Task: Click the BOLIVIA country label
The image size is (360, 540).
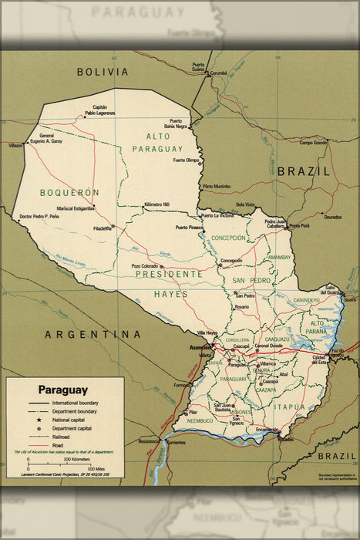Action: click(x=103, y=72)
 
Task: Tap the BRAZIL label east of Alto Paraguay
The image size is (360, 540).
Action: click(x=304, y=171)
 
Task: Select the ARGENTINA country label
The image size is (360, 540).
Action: click(x=93, y=334)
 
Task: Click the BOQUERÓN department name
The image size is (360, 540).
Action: click(x=70, y=192)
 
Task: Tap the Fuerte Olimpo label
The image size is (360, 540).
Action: click(x=186, y=160)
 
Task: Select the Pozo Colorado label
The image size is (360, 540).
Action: click(x=144, y=266)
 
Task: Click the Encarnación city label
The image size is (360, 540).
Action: click(x=267, y=430)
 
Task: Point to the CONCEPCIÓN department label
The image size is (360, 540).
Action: click(x=228, y=238)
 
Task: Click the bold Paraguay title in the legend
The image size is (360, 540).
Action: click(x=63, y=390)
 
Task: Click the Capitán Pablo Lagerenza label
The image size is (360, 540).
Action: click(x=100, y=110)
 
